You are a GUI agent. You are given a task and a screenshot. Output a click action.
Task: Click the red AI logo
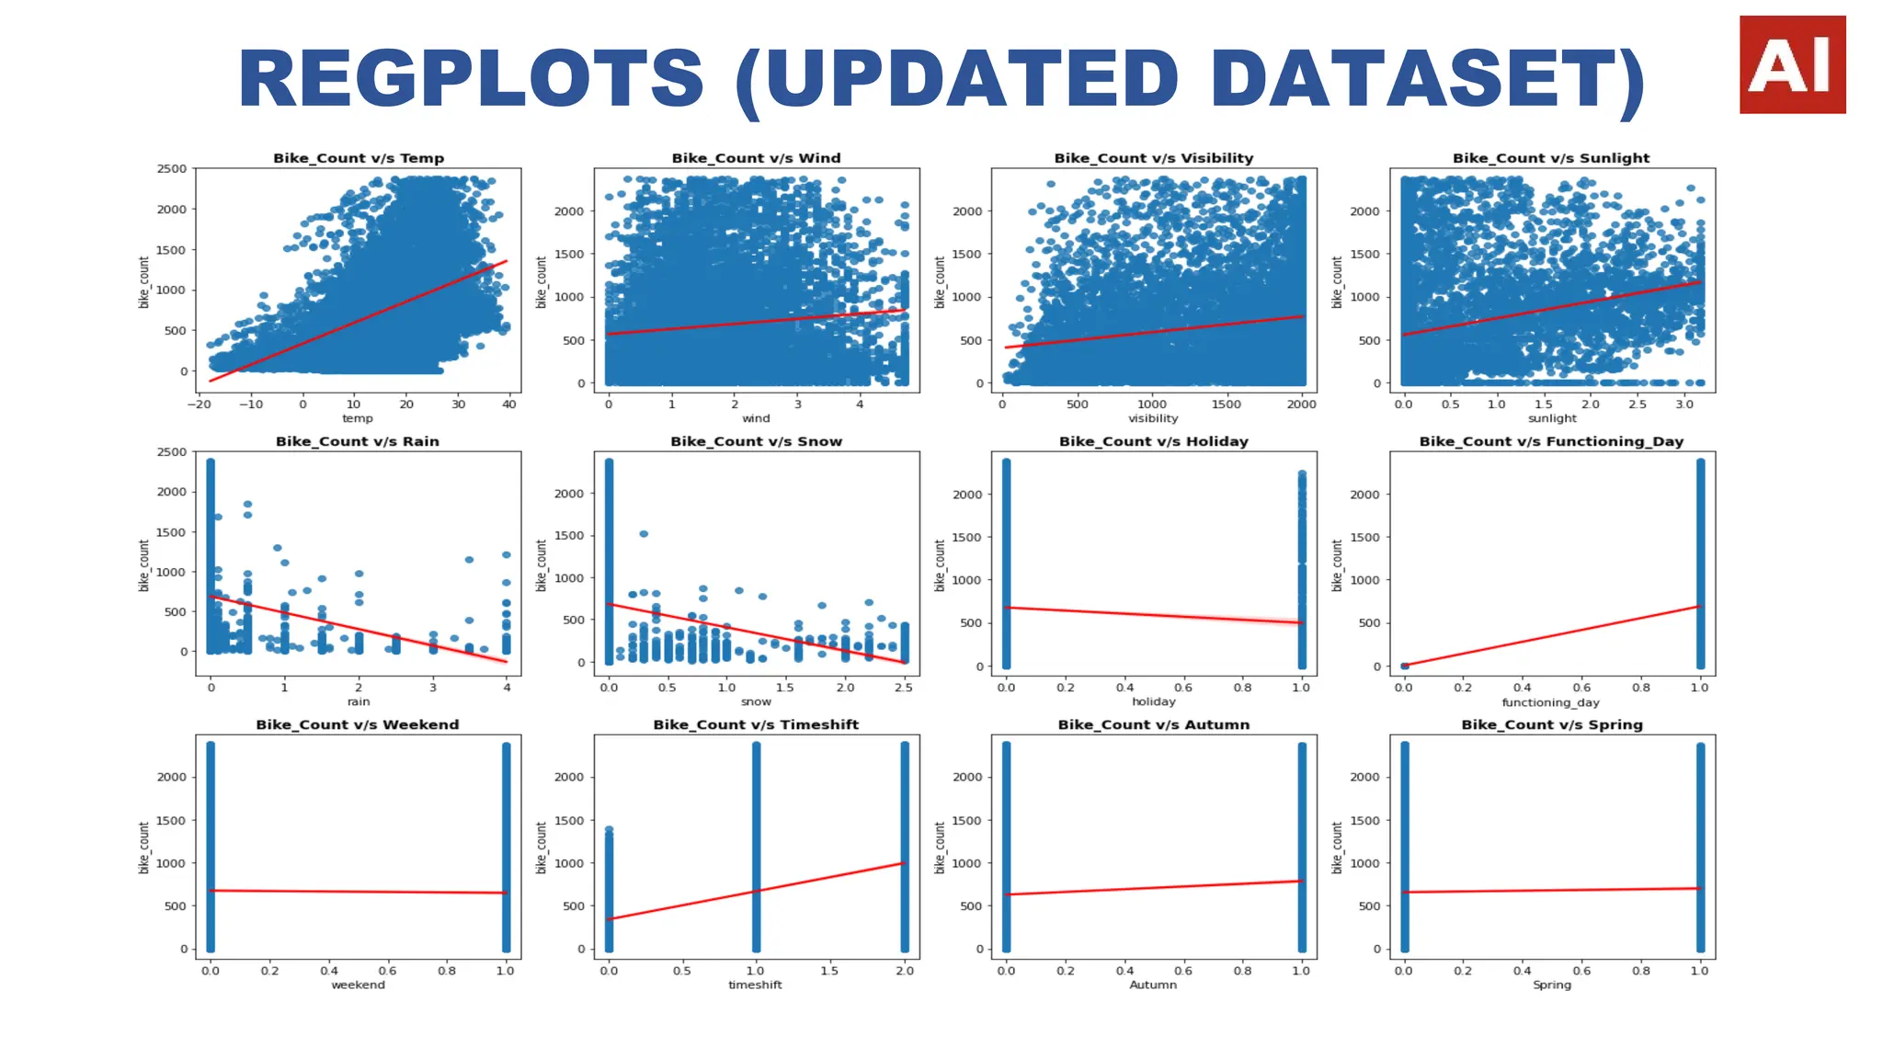pos(1792,64)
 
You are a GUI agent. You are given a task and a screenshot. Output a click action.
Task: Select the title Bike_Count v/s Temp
pos(359,158)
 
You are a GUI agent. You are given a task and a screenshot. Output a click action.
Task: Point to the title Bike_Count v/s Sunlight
pos(1551,158)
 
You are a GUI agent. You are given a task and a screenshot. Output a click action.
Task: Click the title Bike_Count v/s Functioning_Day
pos(1551,441)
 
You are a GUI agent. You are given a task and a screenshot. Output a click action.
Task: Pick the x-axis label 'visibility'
pos(1153,418)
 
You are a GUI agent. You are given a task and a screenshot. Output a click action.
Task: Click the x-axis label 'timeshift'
pos(755,985)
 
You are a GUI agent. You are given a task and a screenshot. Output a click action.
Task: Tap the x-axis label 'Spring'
pos(1552,985)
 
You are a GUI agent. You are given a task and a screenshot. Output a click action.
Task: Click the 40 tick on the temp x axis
pos(509,404)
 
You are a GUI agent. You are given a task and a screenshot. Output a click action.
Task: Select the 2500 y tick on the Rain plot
pos(172,451)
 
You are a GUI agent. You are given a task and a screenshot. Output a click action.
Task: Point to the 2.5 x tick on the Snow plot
pos(903,687)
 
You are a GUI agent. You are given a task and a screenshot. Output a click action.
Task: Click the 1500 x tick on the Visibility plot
pos(1226,404)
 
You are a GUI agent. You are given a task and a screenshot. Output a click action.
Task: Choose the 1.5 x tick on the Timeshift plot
pos(829,970)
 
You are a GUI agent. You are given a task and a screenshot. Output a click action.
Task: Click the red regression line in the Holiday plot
pos(1153,615)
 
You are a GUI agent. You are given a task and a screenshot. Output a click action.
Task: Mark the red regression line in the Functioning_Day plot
pos(1552,636)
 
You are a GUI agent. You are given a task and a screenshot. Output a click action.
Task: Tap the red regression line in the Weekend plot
pos(359,892)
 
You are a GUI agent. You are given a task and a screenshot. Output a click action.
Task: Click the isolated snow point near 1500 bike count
pos(644,533)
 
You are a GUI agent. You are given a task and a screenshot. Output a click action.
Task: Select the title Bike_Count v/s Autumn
pos(1153,724)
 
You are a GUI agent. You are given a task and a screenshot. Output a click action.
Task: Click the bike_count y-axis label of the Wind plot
pos(542,281)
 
